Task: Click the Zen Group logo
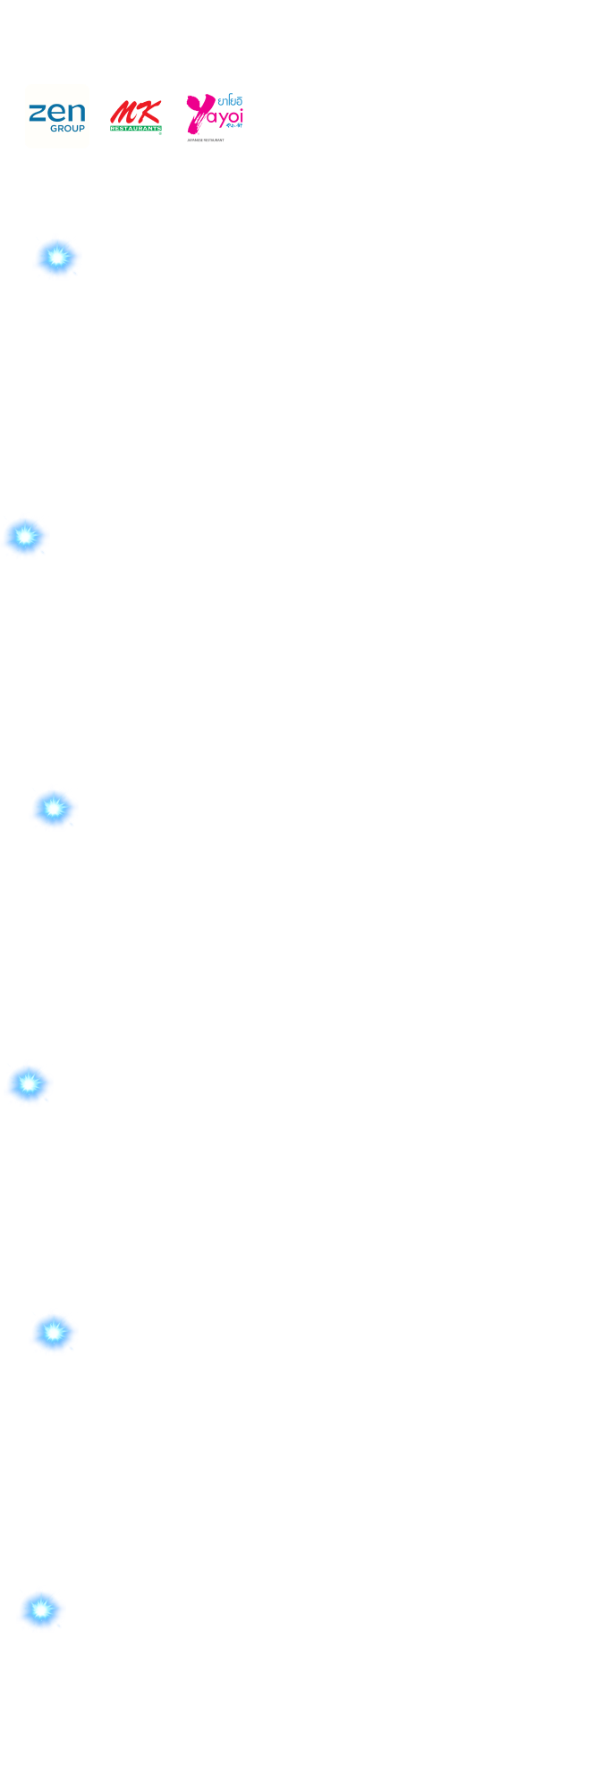click(x=57, y=116)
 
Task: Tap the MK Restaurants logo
click(x=136, y=116)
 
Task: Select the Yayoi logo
click(x=215, y=116)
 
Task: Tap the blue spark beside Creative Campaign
click(x=57, y=258)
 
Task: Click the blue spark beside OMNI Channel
click(x=26, y=537)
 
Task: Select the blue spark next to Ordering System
click(x=54, y=809)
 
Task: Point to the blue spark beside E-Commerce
click(x=29, y=1084)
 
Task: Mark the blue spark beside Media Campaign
click(x=41, y=1609)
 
